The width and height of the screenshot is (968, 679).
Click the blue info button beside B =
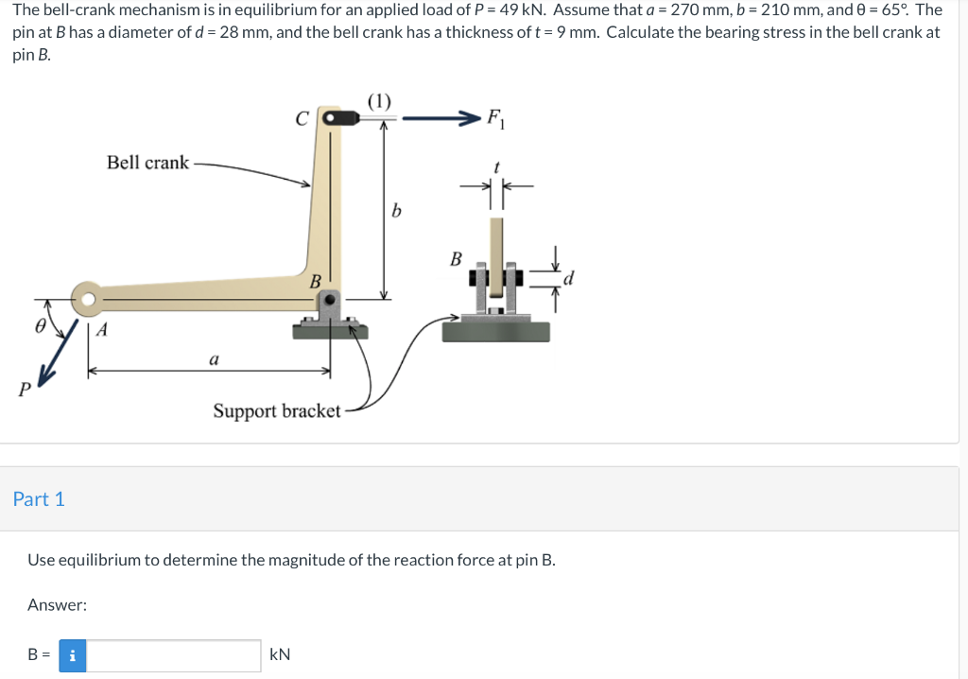tap(73, 655)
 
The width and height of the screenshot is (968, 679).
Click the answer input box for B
tap(174, 655)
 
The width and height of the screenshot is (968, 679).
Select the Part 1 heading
tap(39, 499)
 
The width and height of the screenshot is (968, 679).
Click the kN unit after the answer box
tap(281, 654)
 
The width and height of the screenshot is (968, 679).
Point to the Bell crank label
tap(147, 163)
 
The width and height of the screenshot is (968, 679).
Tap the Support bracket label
tap(276, 411)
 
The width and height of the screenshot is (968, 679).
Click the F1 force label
tap(494, 119)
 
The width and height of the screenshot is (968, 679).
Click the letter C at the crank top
tap(301, 119)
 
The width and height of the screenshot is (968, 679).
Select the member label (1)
tap(379, 100)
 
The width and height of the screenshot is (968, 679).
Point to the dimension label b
tap(396, 211)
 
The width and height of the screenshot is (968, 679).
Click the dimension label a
tap(214, 359)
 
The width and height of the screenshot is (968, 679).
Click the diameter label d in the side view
tap(568, 278)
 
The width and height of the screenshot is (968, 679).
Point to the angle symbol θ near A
tap(40, 323)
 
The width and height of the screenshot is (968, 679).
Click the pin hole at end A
tap(88, 300)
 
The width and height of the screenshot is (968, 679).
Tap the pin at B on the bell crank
tap(330, 300)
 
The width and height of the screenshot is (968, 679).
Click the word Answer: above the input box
tap(57, 605)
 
